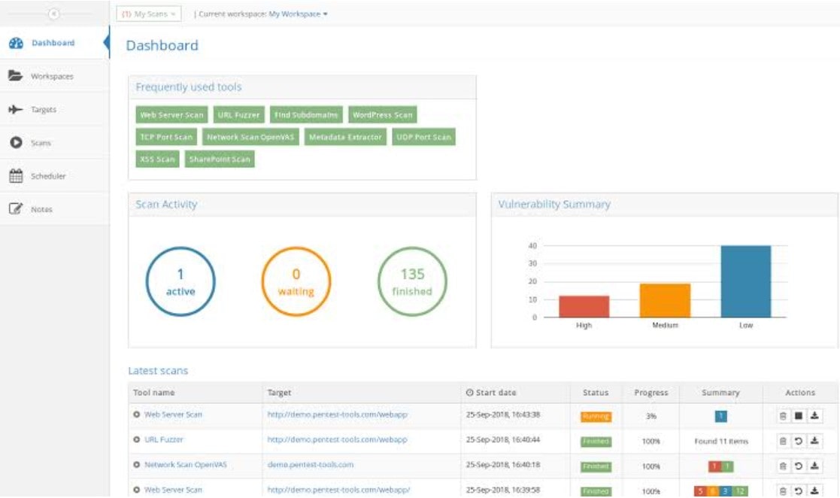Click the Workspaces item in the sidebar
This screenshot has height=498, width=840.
(51, 76)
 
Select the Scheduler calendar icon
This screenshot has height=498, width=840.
(15, 176)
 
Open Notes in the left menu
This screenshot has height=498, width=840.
(41, 209)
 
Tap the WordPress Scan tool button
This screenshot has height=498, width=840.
(383, 115)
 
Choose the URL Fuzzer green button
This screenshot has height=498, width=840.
(238, 115)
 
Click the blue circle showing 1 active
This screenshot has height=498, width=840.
(180, 282)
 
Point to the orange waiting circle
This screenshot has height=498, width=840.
(296, 282)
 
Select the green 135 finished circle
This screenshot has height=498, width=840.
(411, 282)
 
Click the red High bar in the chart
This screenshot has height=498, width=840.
(584, 306)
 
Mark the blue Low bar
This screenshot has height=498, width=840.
(745, 281)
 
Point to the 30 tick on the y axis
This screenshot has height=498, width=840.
(532, 263)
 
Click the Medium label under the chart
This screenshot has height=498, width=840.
(665, 325)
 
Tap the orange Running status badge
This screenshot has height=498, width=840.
(596, 416)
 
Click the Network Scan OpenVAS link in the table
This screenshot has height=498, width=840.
(185, 465)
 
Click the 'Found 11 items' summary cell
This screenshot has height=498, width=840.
(721, 441)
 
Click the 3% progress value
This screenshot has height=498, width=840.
(651, 416)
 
